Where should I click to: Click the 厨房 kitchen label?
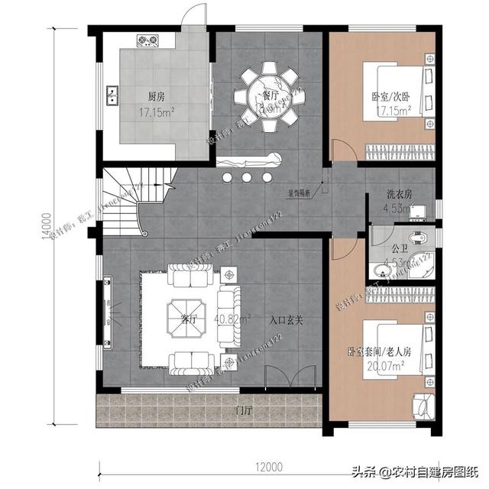pyautogui.click(x=157, y=97)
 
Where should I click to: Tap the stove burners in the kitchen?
pyautogui.click(x=147, y=39)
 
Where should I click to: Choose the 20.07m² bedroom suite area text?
pyautogui.click(x=386, y=366)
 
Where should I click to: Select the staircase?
pyautogui.click(x=126, y=202)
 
